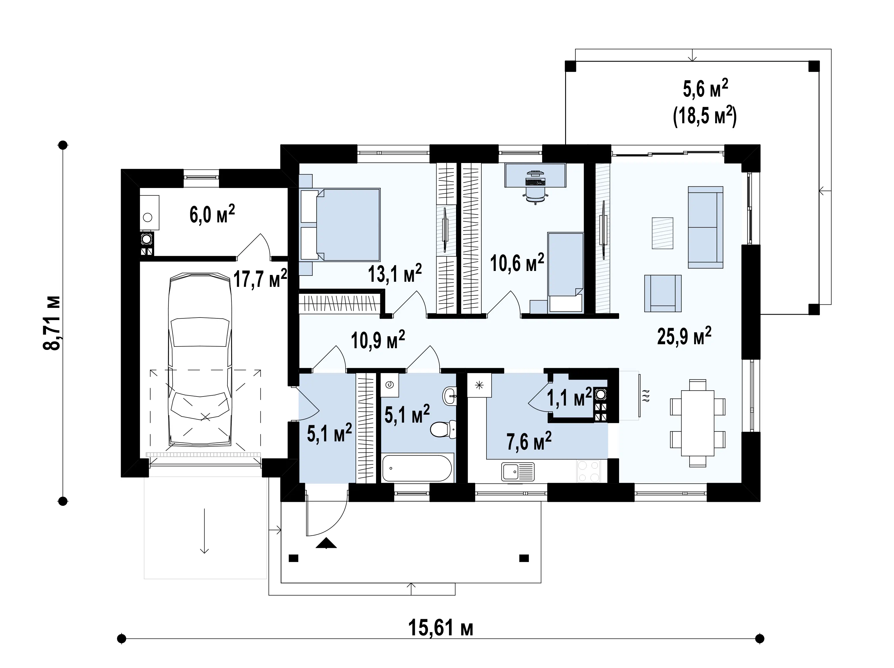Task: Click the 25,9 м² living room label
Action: tap(684, 335)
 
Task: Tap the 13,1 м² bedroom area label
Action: tap(395, 273)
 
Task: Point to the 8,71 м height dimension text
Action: tap(52, 322)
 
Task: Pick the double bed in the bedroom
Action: tap(340, 225)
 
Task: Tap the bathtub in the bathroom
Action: tap(417, 467)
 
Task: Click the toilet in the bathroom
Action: tap(443, 429)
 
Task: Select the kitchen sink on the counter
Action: tap(518, 471)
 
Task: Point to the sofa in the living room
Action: tap(705, 227)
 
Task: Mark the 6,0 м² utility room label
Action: tap(212, 214)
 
